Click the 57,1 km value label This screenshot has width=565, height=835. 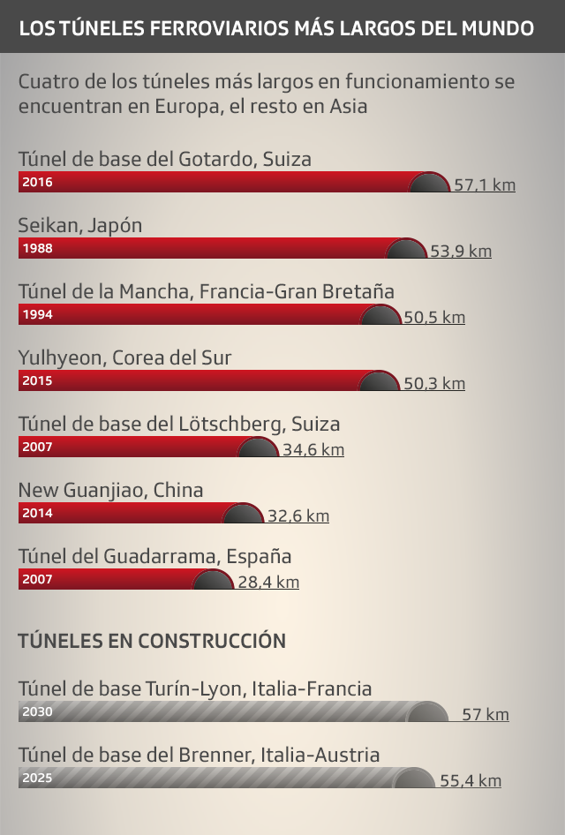tap(485, 185)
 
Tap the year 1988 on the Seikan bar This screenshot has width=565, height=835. tap(38, 249)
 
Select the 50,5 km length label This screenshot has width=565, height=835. tap(434, 318)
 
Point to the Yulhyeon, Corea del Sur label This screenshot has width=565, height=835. tap(124, 357)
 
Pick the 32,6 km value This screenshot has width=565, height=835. tap(298, 516)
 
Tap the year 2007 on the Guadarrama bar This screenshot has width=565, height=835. tap(38, 580)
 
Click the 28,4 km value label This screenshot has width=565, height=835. tap(268, 583)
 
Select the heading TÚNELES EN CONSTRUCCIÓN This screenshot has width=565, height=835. tap(152, 641)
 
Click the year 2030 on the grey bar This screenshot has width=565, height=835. tap(38, 712)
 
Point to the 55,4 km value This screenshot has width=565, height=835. tap(471, 781)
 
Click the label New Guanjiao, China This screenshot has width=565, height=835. tap(110, 490)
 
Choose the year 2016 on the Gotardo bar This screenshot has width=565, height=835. tap(38, 183)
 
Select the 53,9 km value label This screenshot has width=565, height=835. tap(461, 252)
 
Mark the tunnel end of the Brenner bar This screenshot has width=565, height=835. tap(413, 779)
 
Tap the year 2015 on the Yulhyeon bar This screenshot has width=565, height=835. tap(38, 381)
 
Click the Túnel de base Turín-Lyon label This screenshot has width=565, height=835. tap(194, 688)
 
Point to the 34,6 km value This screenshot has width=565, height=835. tap(313, 450)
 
